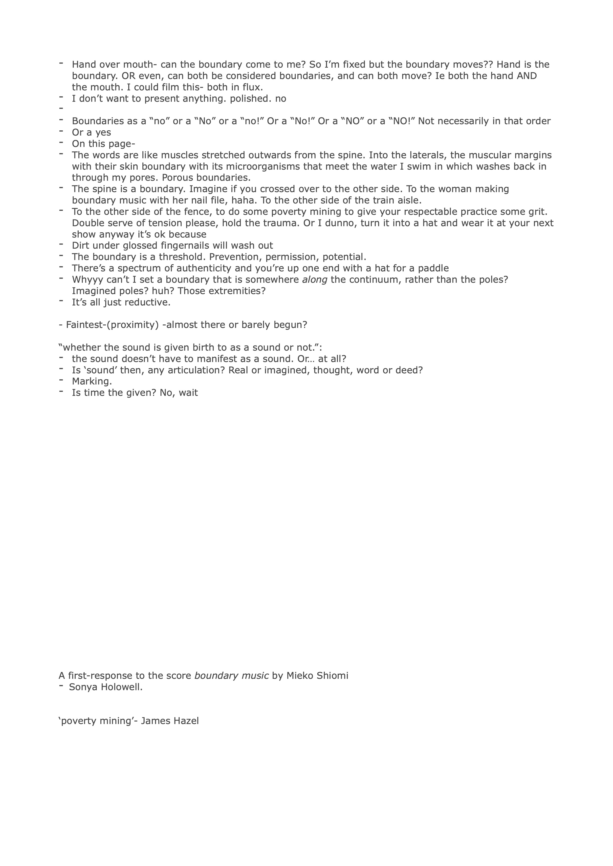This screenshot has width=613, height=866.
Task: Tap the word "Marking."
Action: coord(92,381)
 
